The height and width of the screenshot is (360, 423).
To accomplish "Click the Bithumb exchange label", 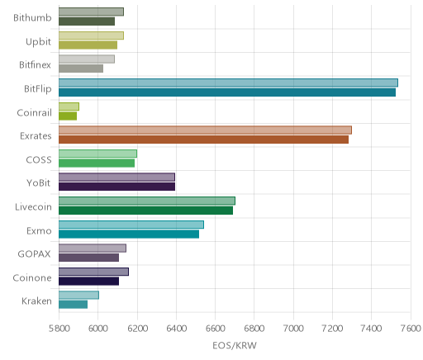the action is point(32,17).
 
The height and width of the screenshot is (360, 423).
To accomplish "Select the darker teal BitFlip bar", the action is point(227,92).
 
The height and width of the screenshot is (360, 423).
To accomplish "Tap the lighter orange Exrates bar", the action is point(205,130).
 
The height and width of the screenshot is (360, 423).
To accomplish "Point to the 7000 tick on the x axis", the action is point(293,329).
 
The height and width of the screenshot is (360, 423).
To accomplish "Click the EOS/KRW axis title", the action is point(235,345).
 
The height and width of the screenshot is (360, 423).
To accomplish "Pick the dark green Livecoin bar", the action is point(145,211).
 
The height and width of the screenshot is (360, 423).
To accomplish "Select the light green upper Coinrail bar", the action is point(69,107).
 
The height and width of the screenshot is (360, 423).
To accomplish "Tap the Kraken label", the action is point(36,301).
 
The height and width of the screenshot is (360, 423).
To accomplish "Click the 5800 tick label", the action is point(59,329).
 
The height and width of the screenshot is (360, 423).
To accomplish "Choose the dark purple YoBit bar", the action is point(116,187).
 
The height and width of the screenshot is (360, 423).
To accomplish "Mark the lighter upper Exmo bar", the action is point(131,225).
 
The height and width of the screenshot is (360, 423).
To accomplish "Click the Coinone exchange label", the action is point(32,277).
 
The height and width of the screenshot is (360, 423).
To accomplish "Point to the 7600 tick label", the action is point(411,329).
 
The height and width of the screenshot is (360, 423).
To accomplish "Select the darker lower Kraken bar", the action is point(73,305).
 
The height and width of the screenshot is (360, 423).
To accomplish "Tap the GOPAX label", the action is point(35,253).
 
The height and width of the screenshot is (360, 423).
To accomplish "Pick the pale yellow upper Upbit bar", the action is point(91,36).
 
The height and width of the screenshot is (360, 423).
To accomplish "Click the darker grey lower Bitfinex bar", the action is point(81,69).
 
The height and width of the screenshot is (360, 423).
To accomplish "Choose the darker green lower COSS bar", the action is point(97,163).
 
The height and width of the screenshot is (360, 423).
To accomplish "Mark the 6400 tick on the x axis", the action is point(176,329).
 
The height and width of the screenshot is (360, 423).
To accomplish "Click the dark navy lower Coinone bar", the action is point(88,282).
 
